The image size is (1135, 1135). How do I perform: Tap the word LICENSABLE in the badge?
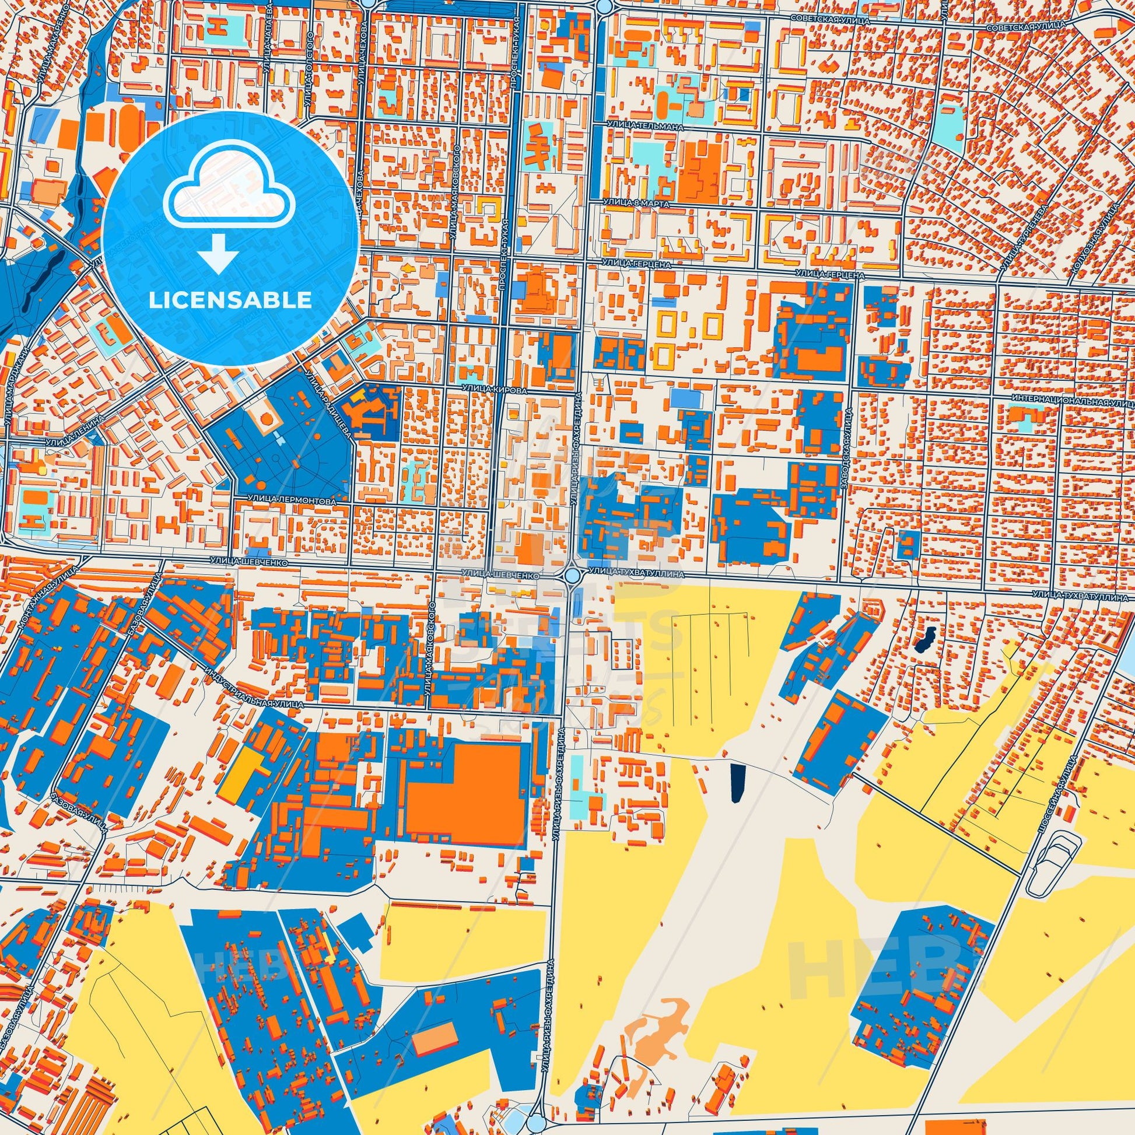pos(230,300)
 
